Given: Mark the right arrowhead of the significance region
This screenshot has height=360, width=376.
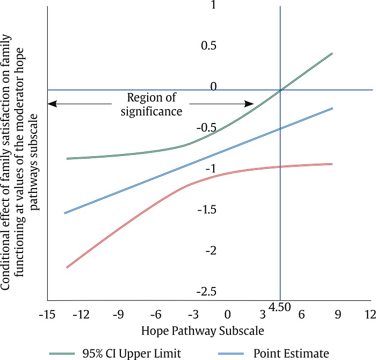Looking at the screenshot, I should coord(251,104).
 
